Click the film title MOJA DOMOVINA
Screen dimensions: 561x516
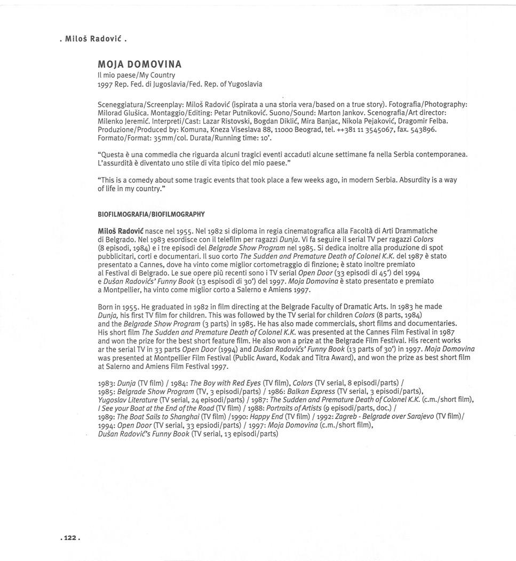(139, 65)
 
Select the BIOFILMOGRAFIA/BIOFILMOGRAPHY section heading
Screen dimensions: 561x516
(151, 214)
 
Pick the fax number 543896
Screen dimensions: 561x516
(424, 129)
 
